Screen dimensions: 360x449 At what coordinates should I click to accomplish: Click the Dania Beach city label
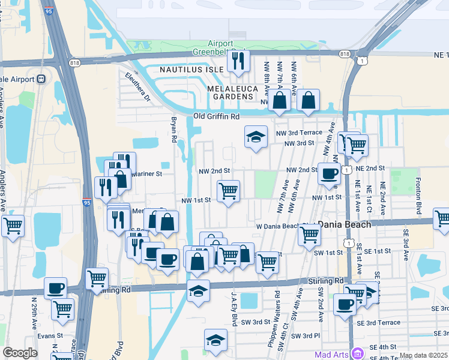click(345, 224)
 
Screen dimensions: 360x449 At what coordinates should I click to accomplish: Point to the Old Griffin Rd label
click(216, 116)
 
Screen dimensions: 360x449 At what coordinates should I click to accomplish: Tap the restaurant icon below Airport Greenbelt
click(238, 61)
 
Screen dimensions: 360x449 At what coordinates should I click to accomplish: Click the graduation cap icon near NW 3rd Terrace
click(256, 137)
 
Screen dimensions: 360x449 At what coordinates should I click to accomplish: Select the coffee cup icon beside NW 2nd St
click(328, 173)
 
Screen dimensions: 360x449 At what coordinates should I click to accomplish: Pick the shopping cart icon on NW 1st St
click(228, 191)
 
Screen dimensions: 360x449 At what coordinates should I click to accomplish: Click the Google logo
click(20, 352)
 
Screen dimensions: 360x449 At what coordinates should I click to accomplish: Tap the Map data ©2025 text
click(423, 355)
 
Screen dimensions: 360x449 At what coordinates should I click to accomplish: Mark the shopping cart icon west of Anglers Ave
click(13, 226)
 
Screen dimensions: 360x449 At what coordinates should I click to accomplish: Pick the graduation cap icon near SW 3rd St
click(215, 340)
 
